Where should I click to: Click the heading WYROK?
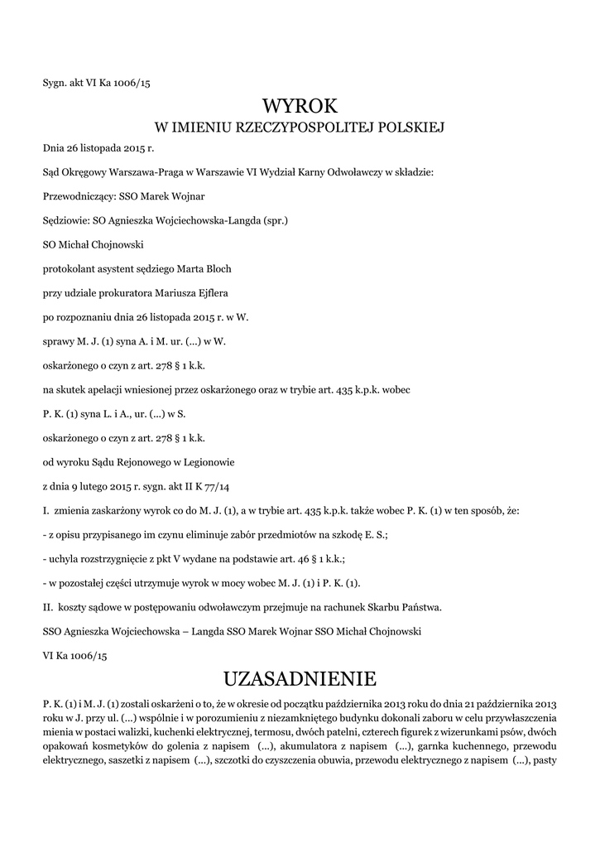coord(300,106)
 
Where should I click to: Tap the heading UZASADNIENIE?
coord(300,679)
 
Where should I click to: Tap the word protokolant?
coord(70,269)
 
